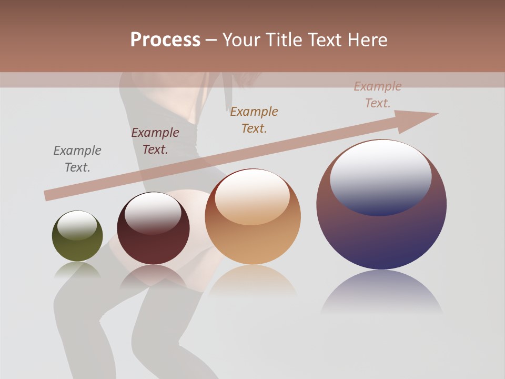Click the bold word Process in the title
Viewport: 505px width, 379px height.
click(165, 40)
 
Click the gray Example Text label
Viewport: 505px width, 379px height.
click(77, 159)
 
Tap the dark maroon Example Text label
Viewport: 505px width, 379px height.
click(155, 141)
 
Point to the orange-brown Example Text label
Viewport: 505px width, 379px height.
click(254, 119)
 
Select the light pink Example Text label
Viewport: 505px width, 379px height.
click(378, 95)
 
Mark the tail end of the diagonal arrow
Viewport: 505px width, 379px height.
click(48, 195)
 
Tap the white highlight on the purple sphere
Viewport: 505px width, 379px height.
click(381, 176)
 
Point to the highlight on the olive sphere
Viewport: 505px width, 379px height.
click(77, 225)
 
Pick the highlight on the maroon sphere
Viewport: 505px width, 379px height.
click(153, 213)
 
